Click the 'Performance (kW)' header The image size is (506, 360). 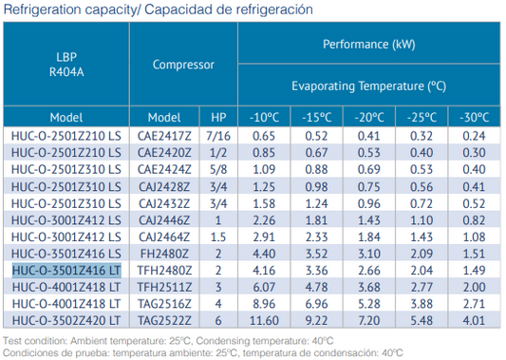369,45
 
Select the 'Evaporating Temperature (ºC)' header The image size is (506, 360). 369,85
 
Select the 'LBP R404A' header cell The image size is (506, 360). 61,64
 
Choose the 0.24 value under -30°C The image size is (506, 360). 472,136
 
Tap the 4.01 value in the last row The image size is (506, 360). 472,323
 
